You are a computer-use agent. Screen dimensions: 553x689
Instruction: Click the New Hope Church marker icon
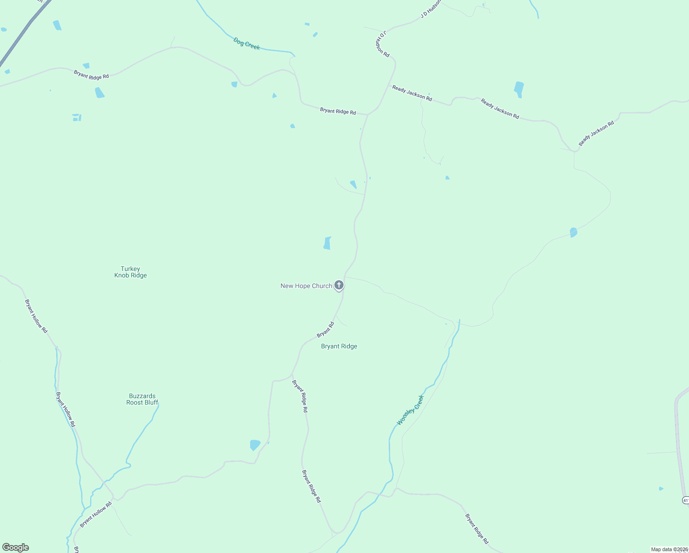339,285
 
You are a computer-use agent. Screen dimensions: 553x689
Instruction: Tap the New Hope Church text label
306,286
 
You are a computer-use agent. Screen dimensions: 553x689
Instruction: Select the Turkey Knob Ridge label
130,272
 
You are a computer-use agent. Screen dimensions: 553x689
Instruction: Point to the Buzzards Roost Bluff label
142,399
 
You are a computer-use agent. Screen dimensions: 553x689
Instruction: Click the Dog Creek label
246,44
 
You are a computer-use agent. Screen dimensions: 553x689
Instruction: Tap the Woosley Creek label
410,410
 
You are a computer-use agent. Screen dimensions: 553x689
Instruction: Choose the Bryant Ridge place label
339,347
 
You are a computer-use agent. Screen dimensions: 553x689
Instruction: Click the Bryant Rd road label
326,329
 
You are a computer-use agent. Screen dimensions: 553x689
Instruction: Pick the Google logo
16,547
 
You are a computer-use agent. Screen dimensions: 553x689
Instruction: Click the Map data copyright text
669,549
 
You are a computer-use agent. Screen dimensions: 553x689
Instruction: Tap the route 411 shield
685,500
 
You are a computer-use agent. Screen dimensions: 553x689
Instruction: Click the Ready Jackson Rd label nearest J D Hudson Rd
412,93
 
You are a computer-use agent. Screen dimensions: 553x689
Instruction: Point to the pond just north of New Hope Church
327,243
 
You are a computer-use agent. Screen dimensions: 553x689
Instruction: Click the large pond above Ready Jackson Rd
519,89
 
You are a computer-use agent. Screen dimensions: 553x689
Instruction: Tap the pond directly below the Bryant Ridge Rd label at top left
99,93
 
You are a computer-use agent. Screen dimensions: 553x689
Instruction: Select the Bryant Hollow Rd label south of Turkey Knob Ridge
36,316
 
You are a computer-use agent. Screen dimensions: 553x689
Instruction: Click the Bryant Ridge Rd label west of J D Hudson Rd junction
338,111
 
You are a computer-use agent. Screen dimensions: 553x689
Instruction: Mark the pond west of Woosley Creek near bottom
255,445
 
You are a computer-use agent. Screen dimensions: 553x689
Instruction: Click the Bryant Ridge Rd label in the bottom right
477,529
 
